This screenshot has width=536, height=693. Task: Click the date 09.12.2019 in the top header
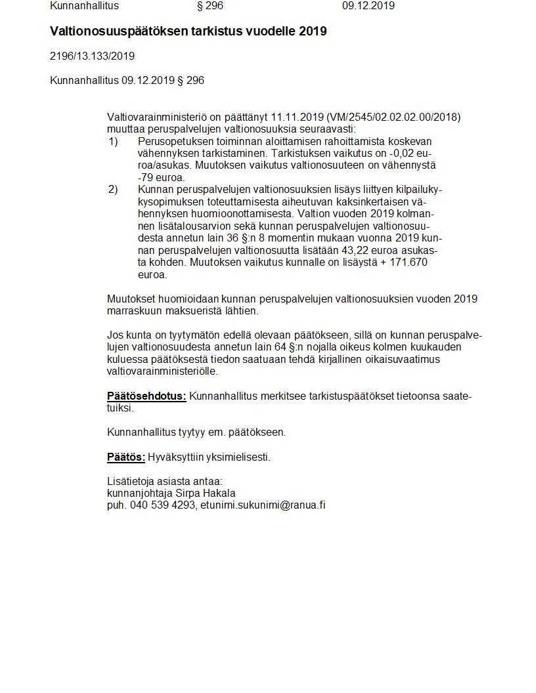point(368,6)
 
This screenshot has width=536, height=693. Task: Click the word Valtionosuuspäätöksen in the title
point(109,31)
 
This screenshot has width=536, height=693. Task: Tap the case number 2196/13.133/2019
point(92,56)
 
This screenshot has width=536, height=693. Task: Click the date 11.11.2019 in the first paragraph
point(290,117)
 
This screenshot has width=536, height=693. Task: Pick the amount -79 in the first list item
point(147,177)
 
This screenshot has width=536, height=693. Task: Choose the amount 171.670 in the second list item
point(411,262)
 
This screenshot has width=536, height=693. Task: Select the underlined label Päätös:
point(125,457)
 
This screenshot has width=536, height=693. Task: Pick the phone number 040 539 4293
point(163,505)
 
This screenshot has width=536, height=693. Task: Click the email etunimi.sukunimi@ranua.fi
point(263,505)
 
